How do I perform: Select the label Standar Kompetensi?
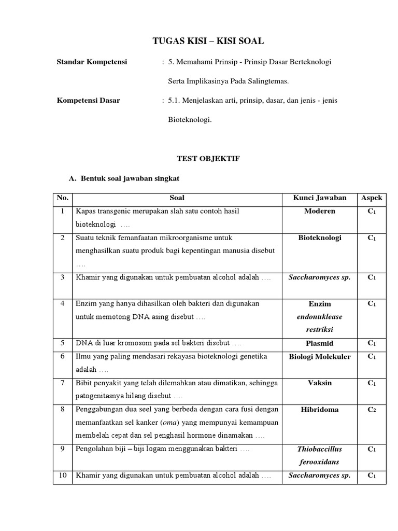[92, 62]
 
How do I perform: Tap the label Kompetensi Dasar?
[88, 101]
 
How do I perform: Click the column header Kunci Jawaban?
[320, 198]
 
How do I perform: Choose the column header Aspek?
[372, 198]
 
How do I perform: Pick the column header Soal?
[177, 198]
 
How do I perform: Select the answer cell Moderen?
[320, 212]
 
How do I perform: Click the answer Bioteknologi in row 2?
[320, 238]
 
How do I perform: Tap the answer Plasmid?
[320, 343]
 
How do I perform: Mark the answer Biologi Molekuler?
[320, 357]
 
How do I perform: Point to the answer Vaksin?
[320, 383]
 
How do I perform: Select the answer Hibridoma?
[320, 410]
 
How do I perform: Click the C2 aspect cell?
[372, 410]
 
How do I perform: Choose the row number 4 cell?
[62, 304]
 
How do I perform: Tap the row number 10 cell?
[62, 476]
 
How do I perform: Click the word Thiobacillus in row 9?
[320, 450]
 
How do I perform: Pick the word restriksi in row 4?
[320, 330]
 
